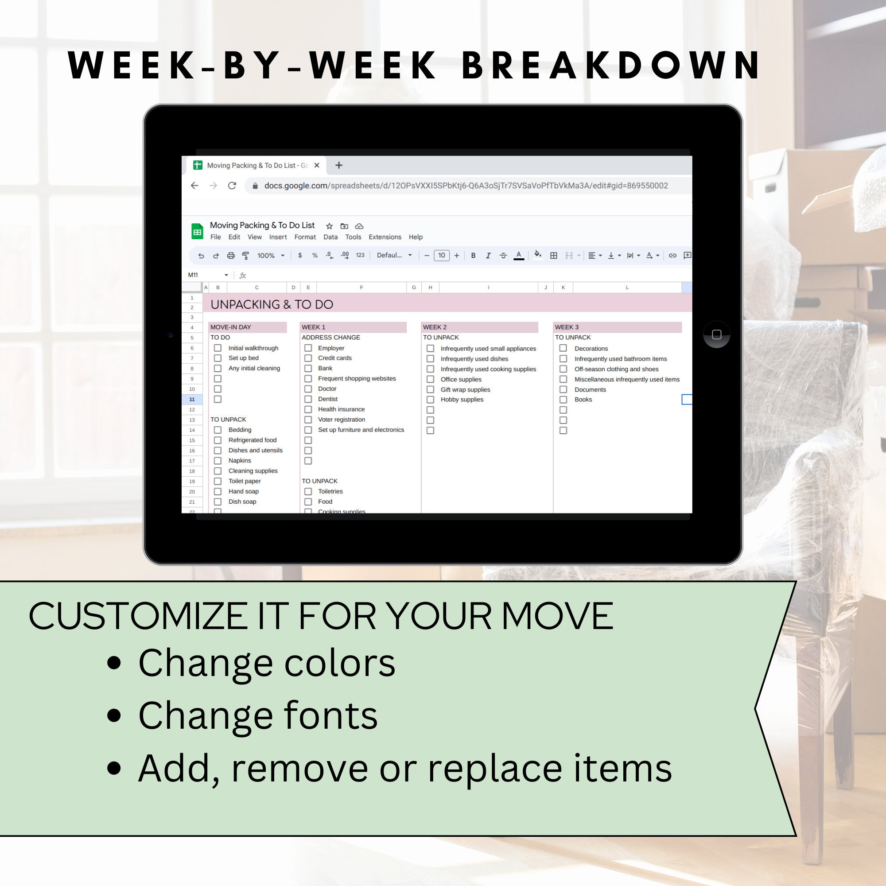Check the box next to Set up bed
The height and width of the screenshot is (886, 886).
[218, 358]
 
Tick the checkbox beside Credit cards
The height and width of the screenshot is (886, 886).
[308, 358]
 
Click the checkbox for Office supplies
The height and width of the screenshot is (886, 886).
[430, 379]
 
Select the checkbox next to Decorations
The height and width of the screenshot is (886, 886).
[563, 348]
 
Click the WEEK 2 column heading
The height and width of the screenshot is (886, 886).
[435, 327]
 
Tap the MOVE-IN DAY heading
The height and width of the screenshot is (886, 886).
[231, 327]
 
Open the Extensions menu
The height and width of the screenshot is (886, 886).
[385, 237]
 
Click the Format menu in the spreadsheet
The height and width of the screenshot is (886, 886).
[305, 237]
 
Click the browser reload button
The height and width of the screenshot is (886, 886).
[232, 186]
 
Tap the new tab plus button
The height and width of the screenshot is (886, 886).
[339, 166]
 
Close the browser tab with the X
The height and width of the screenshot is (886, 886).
[317, 166]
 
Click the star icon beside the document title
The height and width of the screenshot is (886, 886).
[329, 226]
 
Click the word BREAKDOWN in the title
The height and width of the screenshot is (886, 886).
[612, 65]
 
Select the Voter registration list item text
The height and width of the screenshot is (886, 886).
[342, 420]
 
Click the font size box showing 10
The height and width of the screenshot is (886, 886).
[441, 256]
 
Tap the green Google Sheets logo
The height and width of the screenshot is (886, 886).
[197, 232]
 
